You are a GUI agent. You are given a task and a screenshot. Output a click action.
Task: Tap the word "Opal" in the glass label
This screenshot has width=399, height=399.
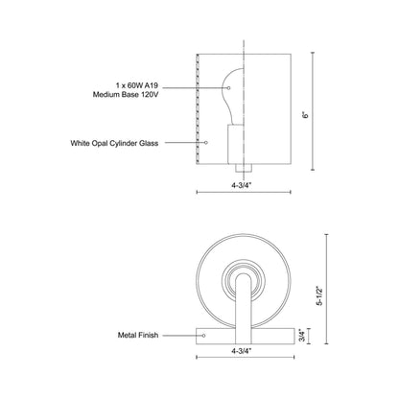click(112, 143)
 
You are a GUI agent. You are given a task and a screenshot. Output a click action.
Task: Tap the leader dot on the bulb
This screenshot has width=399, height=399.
click(225, 90)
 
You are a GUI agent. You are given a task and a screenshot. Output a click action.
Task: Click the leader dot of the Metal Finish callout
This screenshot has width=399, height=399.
click(205, 336)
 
